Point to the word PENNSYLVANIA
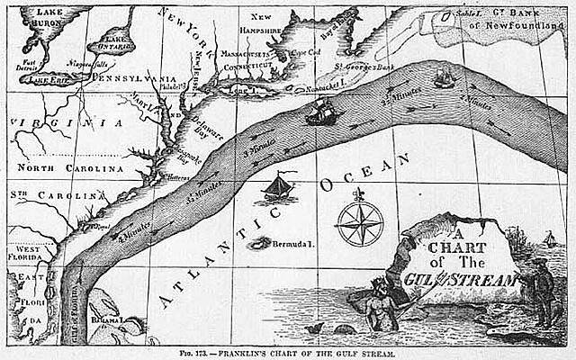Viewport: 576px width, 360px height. click(130, 80)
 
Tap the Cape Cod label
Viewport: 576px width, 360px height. click(309, 53)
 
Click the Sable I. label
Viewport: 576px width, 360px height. click(443, 13)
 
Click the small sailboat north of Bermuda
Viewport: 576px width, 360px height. click(278, 188)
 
